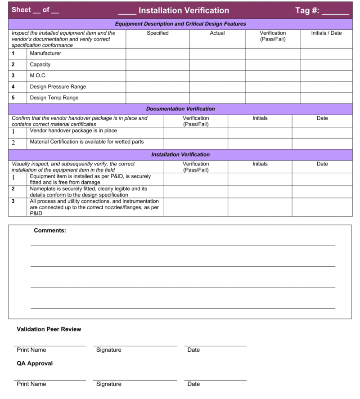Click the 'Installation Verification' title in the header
184,10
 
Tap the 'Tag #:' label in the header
307,10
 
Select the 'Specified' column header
157,33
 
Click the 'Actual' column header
217,33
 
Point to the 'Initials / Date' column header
326,33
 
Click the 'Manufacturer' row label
45,54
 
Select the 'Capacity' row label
40,65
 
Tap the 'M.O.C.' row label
38,76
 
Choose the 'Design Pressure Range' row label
58,87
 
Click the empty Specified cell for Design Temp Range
157,98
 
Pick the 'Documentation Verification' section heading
180,109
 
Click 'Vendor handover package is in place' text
73,131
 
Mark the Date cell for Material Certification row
322,143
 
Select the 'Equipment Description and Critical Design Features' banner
180,24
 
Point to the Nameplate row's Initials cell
260,192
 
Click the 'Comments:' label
50,230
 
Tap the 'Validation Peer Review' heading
49,329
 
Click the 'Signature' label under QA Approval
108,384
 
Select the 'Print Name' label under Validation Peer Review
31,350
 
